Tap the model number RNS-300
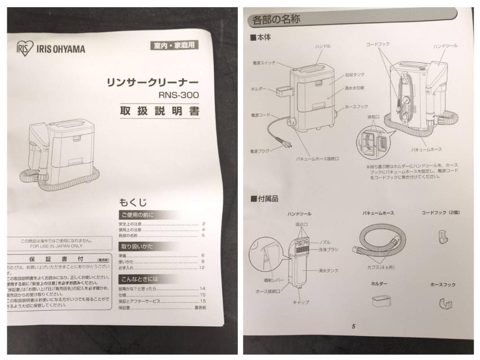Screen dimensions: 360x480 (x=180, y=95)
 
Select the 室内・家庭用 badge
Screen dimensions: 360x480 (x=174, y=45)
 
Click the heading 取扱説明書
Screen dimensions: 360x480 (x=160, y=111)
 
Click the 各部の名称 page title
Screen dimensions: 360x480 (x=272, y=20)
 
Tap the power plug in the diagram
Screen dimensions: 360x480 (x=283, y=143)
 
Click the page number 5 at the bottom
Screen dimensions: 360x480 (x=353, y=327)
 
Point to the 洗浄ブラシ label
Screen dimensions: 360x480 (x=328, y=250)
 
